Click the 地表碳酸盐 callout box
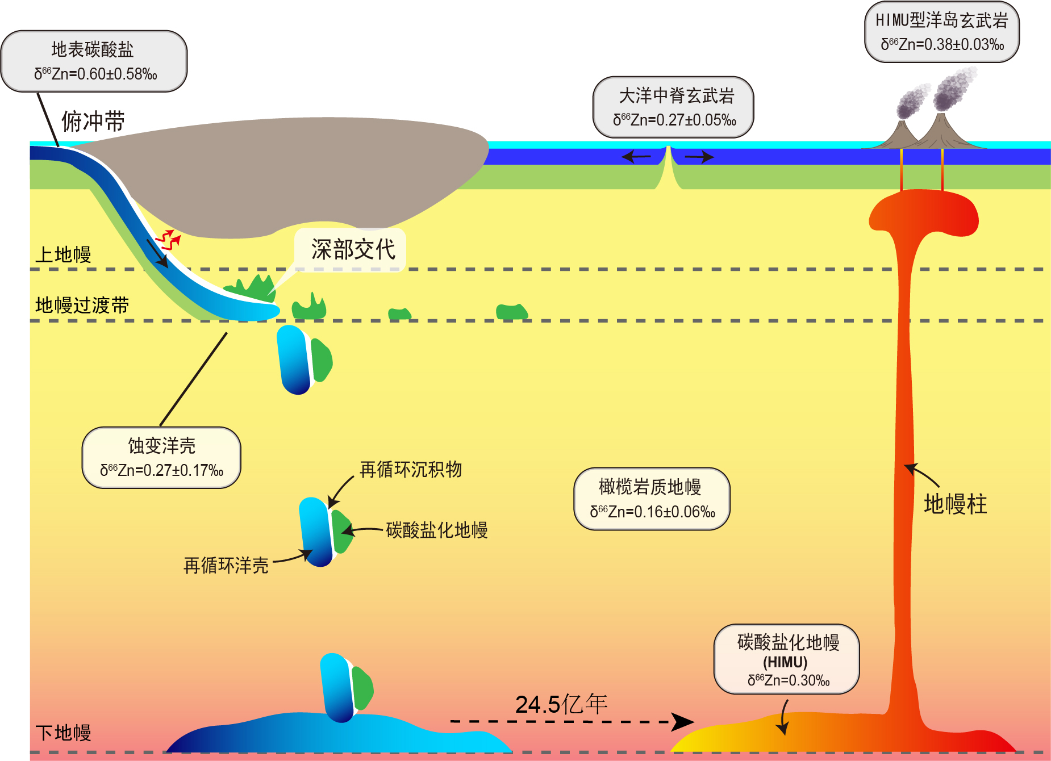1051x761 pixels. pos(94,61)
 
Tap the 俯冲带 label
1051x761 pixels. pos(93,122)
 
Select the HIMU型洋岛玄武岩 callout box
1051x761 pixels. pos(941,32)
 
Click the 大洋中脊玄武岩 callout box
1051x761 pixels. pos(673,107)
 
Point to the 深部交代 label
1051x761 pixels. pos(352,249)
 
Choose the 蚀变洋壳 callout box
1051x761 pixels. pos(161,458)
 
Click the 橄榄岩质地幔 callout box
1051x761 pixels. pos(652,499)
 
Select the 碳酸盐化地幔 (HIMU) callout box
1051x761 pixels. pos(786,659)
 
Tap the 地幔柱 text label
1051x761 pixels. pos(955,504)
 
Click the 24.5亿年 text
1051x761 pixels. pos(561,704)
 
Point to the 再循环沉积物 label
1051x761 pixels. pos(411,470)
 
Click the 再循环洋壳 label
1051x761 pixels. pos(226,566)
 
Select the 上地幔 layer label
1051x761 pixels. pos(63,254)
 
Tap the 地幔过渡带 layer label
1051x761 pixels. pos(82,306)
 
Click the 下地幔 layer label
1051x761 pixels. pos(63,733)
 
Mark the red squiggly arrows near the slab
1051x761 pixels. pos(168,240)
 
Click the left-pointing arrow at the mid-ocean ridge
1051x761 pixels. pos(636,156)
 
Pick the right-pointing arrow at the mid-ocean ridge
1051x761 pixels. pos(699,157)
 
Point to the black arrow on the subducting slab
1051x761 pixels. pos(157,253)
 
